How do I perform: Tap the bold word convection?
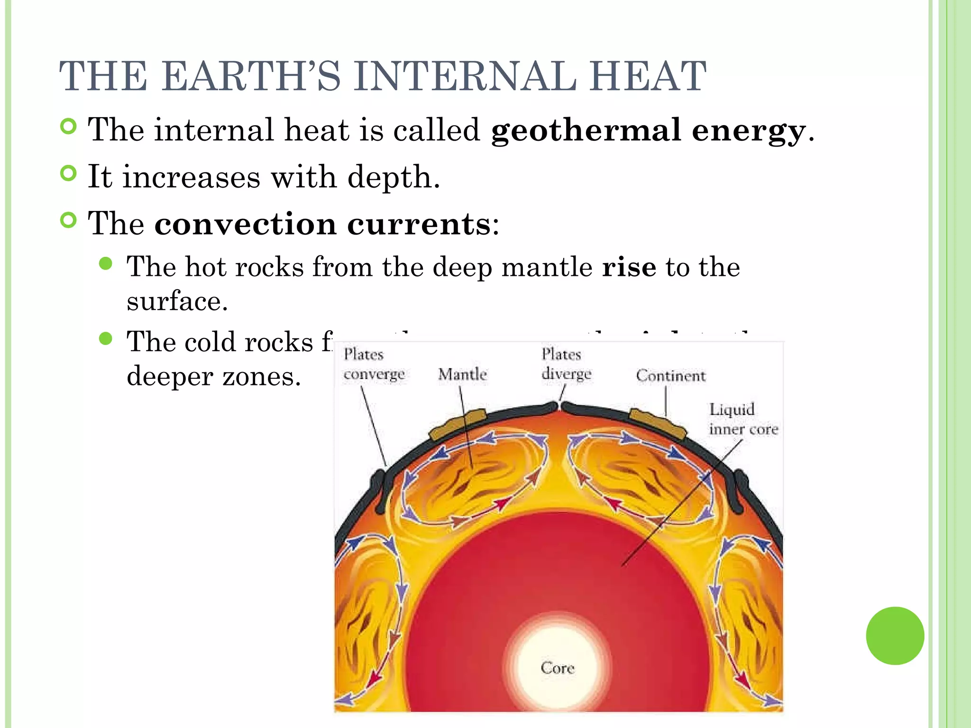(245, 224)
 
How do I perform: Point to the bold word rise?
(629, 267)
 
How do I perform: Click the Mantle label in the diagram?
(462, 374)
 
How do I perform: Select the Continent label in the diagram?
(670, 376)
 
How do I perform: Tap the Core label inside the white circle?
(558, 668)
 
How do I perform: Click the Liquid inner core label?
(743, 419)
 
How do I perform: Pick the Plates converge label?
(374, 364)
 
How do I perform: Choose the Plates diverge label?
(566, 364)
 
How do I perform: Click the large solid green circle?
(895, 636)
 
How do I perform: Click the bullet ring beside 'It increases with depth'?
(69, 173)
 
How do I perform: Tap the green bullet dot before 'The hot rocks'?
(106, 264)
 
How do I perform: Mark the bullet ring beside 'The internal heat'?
(69, 127)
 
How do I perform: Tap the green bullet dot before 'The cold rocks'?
(106, 338)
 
